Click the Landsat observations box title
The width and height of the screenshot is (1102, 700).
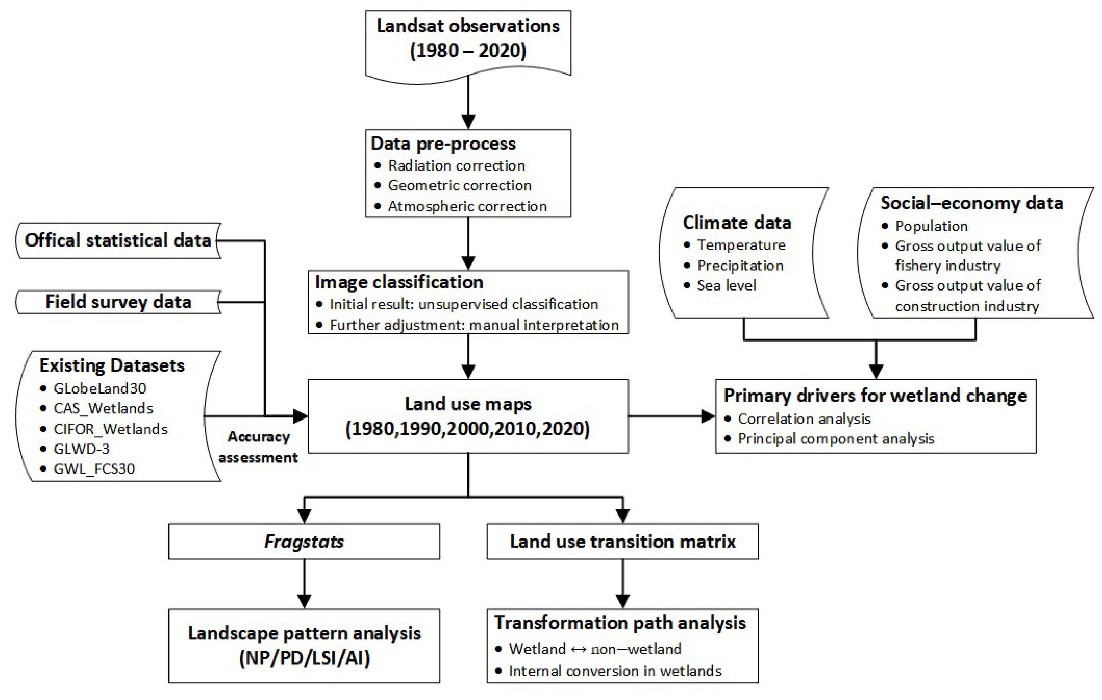coord(468,26)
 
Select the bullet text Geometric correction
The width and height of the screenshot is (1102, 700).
coord(459,185)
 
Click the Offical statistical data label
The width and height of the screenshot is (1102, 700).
coord(118,240)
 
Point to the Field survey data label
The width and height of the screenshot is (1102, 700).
coord(119,302)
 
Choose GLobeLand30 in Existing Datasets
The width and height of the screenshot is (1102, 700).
coord(100,388)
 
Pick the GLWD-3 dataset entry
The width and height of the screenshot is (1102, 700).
coord(81,449)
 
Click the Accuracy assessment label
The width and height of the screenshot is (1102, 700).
coord(258,447)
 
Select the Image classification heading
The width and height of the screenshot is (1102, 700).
coord(399,282)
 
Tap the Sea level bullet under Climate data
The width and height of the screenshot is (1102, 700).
coord(726,285)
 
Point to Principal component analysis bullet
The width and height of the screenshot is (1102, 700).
coord(836,439)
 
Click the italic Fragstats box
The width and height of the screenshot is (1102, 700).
coord(304,541)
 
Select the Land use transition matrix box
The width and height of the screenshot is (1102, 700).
coord(622,541)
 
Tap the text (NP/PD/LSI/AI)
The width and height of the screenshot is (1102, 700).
coord(304,658)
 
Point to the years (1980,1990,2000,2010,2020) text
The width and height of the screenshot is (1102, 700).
coord(468,429)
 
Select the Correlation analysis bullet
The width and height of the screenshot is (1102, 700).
coord(804,418)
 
